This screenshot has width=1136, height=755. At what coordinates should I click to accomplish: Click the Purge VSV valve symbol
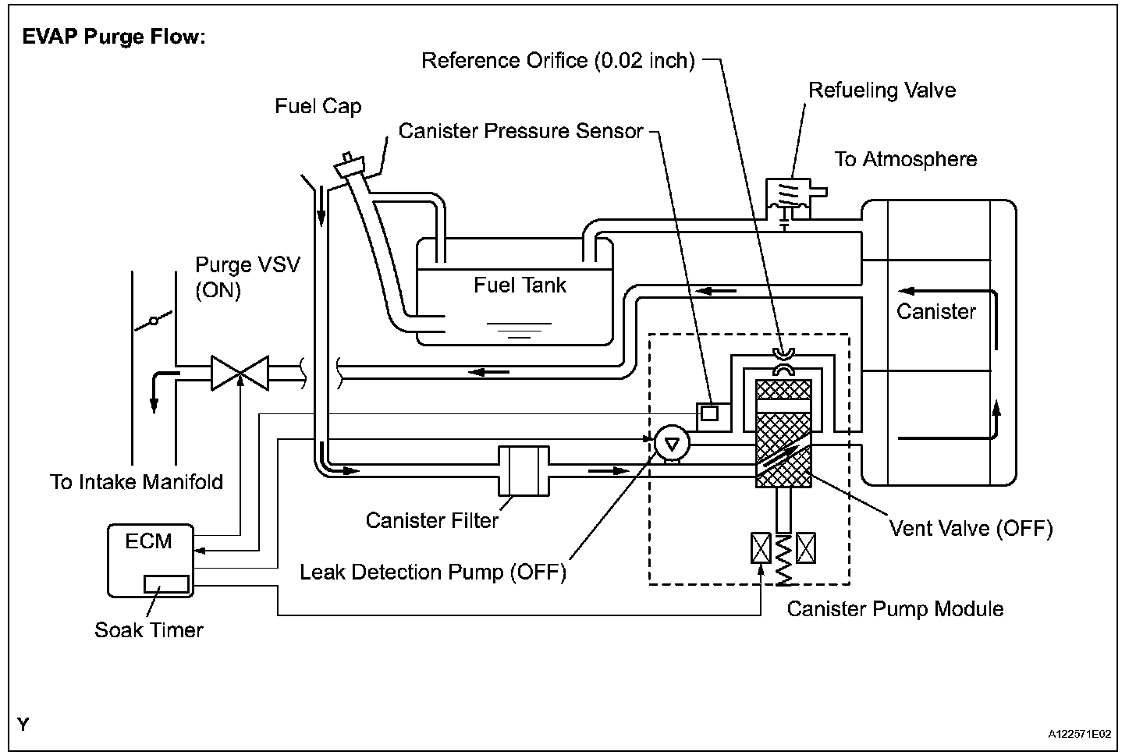240,372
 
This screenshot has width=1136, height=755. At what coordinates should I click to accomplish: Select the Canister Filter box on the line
524,470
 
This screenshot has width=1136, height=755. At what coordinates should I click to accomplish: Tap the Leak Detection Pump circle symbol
670,443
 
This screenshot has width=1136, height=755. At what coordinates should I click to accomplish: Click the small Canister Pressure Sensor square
709,413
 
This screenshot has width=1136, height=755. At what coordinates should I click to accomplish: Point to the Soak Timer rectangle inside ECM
166,584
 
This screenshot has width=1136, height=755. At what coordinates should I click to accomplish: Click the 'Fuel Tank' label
520,285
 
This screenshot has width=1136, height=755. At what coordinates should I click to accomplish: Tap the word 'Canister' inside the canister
935,312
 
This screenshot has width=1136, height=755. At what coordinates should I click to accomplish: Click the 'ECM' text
148,541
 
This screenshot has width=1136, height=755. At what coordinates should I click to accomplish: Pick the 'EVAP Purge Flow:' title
114,37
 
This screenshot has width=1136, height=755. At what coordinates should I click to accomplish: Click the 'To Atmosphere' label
905,160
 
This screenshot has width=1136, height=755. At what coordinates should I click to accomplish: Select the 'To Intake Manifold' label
137,482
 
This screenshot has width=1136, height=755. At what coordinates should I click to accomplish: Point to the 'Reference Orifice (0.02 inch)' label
558,61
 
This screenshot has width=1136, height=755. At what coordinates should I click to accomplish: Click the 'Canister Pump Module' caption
895,609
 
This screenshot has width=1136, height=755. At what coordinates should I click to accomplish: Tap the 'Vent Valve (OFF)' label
971,529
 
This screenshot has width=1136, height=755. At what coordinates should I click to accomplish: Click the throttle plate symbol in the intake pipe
154,321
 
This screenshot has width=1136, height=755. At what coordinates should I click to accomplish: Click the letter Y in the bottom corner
23,725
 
